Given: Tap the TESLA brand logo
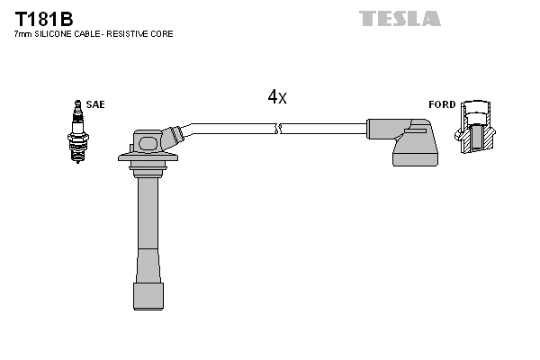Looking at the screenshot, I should pos(400,18).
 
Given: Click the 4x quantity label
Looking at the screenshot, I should pos(277,97).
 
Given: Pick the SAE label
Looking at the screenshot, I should pos(95,104).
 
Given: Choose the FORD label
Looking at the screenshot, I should pos(442,104).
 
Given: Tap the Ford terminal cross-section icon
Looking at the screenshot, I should pos(476,130).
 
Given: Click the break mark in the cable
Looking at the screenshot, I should pos(280,129).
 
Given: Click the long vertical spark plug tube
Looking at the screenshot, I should pos(144,225).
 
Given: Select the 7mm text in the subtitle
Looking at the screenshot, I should pos(22,33).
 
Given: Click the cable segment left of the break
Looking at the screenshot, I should pos(234,127).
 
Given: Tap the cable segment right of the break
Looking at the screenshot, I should pos(324,129).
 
